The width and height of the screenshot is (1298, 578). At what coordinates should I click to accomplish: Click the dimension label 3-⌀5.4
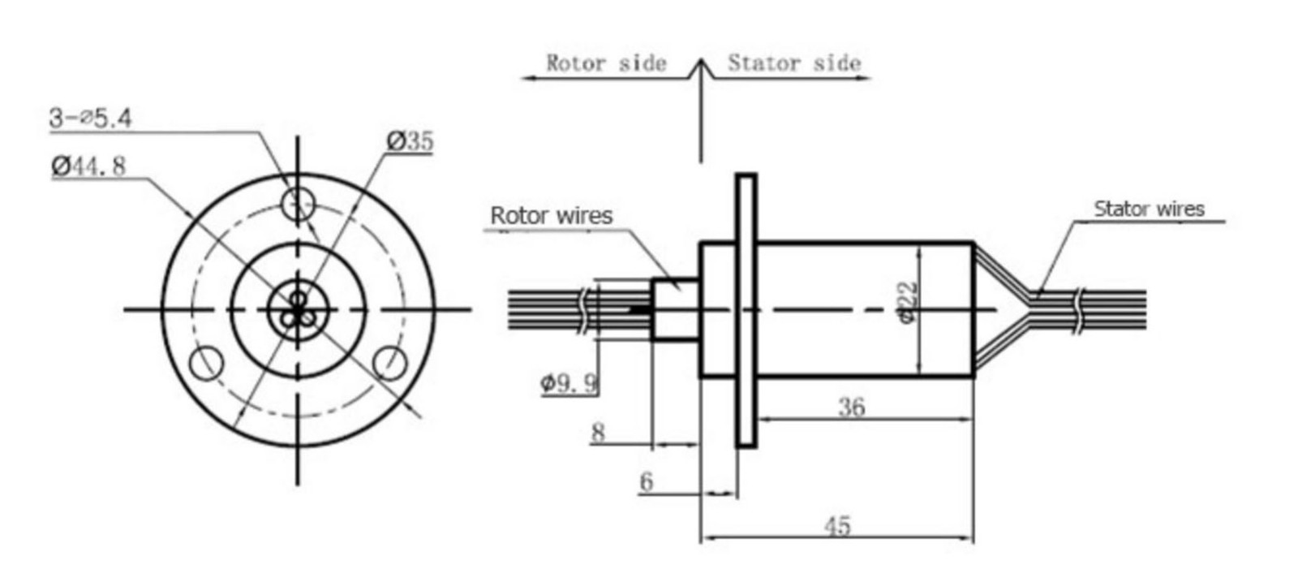tap(90, 119)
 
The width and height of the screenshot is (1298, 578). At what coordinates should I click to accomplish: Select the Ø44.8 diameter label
tap(88, 166)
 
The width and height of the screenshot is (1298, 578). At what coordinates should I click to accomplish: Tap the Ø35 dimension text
tap(410, 141)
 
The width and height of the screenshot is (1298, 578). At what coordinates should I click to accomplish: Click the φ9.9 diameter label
tap(569, 382)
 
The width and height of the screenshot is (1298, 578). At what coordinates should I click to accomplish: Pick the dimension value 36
tap(851, 407)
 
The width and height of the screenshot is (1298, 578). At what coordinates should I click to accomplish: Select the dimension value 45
tap(837, 526)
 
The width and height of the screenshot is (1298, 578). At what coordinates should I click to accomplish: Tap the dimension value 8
tap(598, 432)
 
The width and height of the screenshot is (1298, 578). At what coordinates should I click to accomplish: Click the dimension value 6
tap(646, 481)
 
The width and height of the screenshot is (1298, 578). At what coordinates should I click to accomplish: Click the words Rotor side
tap(606, 63)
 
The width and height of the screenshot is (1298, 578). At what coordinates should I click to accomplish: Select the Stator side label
tap(793, 63)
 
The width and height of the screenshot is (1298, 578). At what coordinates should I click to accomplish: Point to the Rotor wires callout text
tap(551, 216)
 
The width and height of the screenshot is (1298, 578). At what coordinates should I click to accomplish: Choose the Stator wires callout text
tap(1149, 209)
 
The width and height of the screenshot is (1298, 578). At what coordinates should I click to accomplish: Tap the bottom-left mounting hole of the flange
tap(206, 362)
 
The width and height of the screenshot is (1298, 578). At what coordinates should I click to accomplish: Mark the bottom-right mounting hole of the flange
tap(390, 362)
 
